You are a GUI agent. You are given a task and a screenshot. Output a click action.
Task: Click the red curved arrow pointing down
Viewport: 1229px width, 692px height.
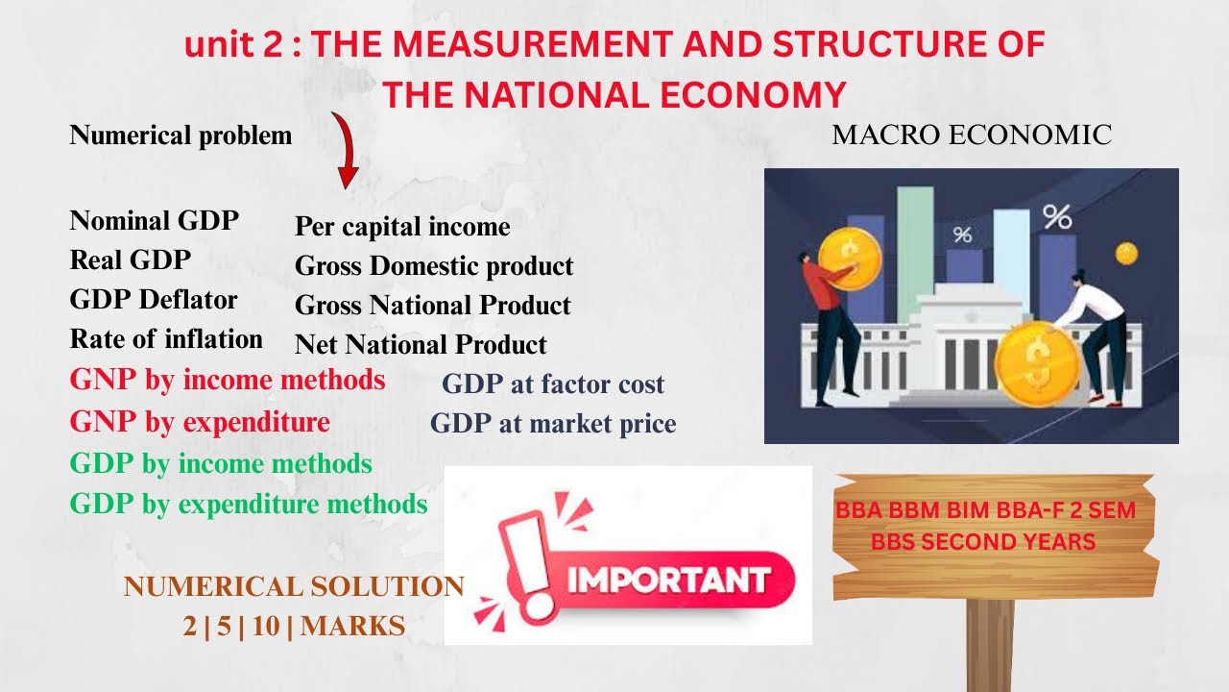pyautogui.click(x=345, y=150)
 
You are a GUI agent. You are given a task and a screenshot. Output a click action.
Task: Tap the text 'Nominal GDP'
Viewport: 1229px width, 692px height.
pyautogui.click(x=155, y=220)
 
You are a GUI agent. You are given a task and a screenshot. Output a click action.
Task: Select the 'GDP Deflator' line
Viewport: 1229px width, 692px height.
pyautogui.click(x=154, y=300)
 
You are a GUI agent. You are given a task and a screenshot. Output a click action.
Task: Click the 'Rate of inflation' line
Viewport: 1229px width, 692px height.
pyautogui.click(x=166, y=339)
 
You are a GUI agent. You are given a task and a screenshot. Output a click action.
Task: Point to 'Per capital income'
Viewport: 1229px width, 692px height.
pyautogui.click(x=402, y=227)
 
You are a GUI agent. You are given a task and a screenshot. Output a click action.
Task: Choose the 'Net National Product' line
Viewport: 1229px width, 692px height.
pyautogui.click(x=421, y=344)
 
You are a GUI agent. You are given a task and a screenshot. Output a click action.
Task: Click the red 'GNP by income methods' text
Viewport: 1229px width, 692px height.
pyautogui.click(x=228, y=380)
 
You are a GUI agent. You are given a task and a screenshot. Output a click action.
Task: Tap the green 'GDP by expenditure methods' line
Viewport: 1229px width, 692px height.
pyautogui.click(x=249, y=503)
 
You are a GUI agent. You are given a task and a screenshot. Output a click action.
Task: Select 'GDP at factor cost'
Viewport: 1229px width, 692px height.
pyautogui.click(x=553, y=384)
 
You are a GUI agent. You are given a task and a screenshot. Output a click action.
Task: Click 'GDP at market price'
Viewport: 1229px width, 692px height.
pyautogui.click(x=553, y=423)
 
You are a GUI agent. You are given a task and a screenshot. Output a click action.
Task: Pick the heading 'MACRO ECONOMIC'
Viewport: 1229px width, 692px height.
pyautogui.click(x=972, y=136)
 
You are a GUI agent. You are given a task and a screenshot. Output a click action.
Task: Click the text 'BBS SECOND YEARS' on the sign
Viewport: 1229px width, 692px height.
pyautogui.click(x=983, y=542)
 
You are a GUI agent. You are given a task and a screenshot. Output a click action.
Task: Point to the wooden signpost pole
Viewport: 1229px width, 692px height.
pyautogui.click(x=989, y=644)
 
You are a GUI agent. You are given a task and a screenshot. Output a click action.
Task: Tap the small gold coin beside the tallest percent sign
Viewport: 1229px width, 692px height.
pyautogui.click(x=1126, y=254)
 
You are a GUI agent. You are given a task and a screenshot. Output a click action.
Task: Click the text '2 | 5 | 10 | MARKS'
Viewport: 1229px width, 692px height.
pyautogui.click(x=294, y=627)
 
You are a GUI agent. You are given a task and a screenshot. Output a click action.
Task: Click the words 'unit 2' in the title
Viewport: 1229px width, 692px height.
pyautogui.click(x=237, y=46)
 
